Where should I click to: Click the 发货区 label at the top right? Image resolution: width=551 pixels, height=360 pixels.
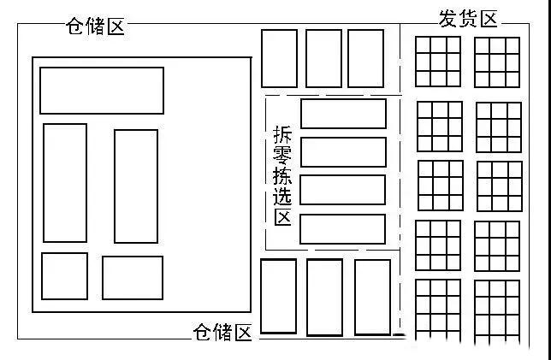[x=468, y=19]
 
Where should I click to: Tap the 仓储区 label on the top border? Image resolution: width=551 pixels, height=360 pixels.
[x=95, y=26]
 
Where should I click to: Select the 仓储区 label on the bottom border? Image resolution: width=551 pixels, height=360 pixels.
[x=222, y=332]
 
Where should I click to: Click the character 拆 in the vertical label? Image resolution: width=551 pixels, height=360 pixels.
[x=282, y=134]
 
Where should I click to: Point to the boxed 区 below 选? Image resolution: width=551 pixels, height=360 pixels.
[x=283, y=217]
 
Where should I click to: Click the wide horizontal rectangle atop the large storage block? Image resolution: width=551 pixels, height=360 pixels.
[x=102, y=91]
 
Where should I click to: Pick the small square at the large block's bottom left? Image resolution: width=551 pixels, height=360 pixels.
[x=65, y=276]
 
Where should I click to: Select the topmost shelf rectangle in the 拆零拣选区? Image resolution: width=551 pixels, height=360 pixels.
[x=343, y=114]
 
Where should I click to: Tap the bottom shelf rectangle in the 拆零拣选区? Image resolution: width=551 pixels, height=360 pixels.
[x=342, y=229]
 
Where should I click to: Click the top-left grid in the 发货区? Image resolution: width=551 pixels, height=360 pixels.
[x=438, y=62]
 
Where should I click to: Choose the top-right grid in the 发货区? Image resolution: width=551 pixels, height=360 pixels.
[x=497, y=62]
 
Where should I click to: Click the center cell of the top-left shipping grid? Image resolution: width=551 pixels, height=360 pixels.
[x=438, y=62]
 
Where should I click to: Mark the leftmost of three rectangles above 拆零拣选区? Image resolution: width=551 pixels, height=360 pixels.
[x=280, y=58]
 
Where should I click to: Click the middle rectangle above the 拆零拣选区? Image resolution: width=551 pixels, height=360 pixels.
[x=323, y=58]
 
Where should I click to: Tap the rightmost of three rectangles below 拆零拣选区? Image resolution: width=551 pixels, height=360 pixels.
[x=372, y=297]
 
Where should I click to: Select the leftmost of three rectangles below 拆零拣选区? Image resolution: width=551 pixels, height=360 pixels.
[x=278, y=296]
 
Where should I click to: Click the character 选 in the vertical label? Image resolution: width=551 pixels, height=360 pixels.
[x=282, y=196]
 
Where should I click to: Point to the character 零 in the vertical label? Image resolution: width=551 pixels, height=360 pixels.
[x=282, y=156]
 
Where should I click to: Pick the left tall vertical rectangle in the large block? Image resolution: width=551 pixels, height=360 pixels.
[x=65, y=183]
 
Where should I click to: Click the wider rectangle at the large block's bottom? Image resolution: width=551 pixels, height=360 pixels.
[x=133, y=278]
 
